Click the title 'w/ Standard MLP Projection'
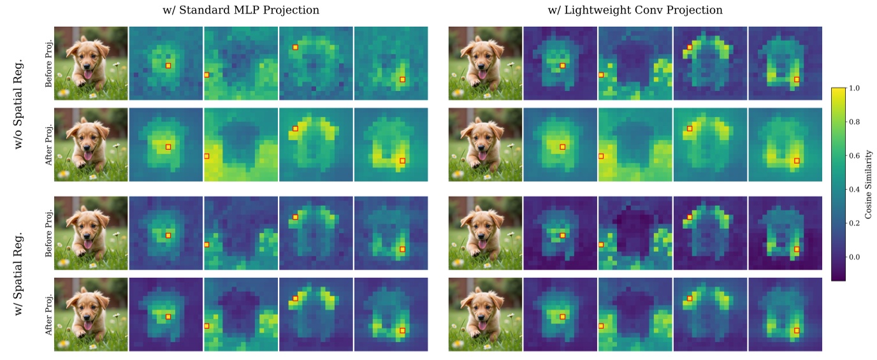point(240,10)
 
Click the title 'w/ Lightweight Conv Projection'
point(635,10)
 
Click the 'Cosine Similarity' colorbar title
point(869,185)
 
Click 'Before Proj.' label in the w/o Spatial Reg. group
point(48,62)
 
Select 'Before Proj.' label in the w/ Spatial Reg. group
point(48,233)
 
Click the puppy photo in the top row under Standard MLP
point(91,62)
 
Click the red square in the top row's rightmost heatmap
point(797,79)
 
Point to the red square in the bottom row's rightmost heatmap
point(797,330)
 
